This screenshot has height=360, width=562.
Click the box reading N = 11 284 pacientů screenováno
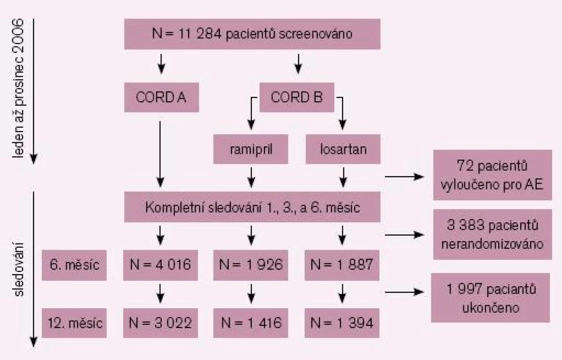[x=252, y=34]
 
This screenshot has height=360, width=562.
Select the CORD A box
[x=161, y=97]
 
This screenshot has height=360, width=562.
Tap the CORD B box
[x=297, y=97]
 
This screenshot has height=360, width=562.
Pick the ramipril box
[x=250, y=149]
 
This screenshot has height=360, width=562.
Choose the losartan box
[x=343, y=149]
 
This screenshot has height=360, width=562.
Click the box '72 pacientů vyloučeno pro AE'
[x=492, y=175]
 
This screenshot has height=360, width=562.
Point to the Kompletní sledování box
[x=252, y=207]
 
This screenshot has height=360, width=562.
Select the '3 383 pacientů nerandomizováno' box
[x=492, y=234]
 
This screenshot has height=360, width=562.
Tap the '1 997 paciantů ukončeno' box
[x=491, y=298]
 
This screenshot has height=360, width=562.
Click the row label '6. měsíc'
[x=74, y=265]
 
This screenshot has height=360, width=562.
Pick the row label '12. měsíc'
[x=74, y=323]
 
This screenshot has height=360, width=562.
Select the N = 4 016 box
[x=161, y=265]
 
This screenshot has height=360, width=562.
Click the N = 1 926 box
[x=250, y=265]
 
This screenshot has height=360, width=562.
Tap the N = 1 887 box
[x=342, y=265]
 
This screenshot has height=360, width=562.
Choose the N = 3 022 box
[x=161, y=323]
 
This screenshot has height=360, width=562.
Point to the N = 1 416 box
[x=250, y=323]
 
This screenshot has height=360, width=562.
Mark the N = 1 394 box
[x=342, y=323]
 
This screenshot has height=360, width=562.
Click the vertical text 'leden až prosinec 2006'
[x=18, y=88]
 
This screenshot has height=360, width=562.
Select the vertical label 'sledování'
[x=18, y=269]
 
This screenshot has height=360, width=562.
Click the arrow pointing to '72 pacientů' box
[x=405, y=177]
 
